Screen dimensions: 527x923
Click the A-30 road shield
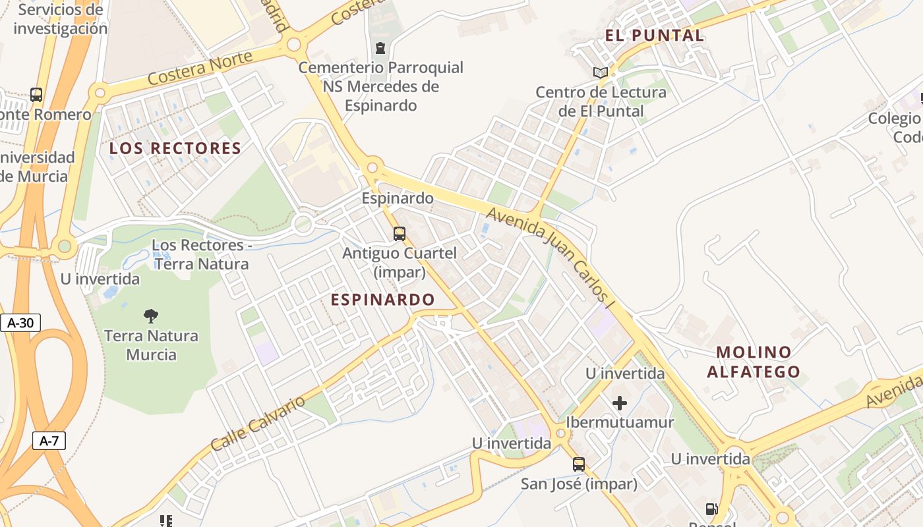tap(20, 323)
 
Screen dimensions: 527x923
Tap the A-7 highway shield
tap(49, 441)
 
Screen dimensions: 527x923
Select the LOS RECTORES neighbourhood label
tap(175, 148)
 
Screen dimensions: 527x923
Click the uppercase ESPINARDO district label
tap(382, 300)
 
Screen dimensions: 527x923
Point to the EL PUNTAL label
tap(655, 36)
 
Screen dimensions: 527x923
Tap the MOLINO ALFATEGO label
tap(754, 362)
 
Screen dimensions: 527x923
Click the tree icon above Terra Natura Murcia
tap(151, 316)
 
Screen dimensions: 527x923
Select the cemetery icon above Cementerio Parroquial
tap(380, 47)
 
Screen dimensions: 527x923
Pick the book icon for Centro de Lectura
tap(600, 73)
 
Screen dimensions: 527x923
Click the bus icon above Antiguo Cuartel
tap(399, 233)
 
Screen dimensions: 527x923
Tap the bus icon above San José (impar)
tap(578, 464)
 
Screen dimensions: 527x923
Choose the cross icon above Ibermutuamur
tap(619, 402)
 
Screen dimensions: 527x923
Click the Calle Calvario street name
tap(258, 423)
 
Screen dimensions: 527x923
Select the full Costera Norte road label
tap(200, 69)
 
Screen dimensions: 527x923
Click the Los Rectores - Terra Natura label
tap(200, 254)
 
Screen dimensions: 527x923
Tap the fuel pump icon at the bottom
tap(711, 509)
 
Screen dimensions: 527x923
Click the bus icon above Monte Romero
tap(36, 95)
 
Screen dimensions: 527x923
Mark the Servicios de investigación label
tap(60, 19)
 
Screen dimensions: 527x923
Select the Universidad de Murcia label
tap(37, 167)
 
